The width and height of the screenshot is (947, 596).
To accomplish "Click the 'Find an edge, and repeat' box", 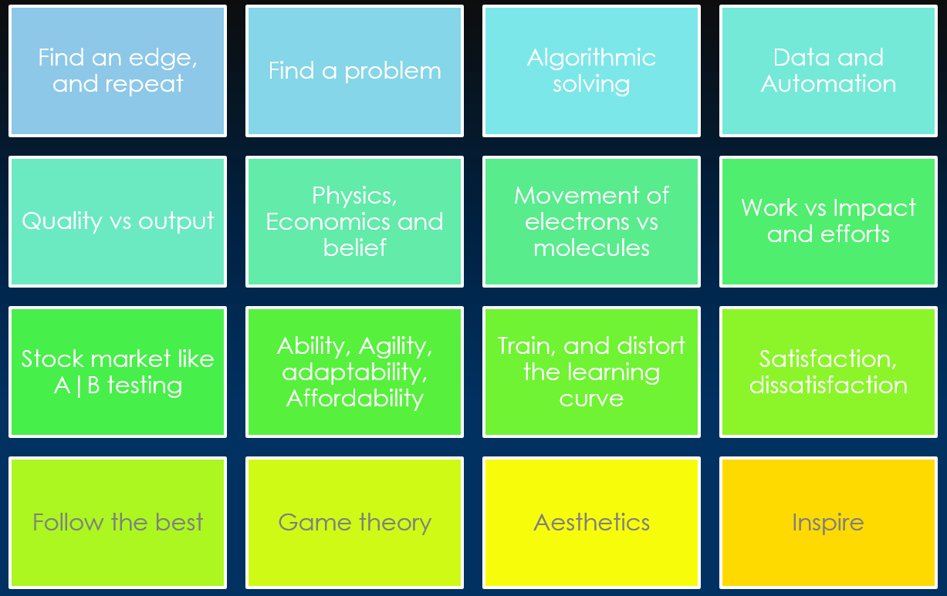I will click(117, 71).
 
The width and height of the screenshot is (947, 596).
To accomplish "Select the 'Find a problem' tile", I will click(354, 71).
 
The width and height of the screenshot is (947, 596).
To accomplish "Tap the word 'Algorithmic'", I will click(591, 58).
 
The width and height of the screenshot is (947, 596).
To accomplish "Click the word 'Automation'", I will click(828, 84).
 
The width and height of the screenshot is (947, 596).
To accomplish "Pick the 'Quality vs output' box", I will click(117, 221).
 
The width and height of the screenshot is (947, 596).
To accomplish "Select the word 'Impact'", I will click(874, 208).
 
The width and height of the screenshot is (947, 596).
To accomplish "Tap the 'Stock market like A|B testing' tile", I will click(117, 372).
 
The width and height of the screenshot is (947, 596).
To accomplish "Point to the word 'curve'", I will click(591, 399).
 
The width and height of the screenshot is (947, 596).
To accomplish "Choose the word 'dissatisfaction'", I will click(828, 385).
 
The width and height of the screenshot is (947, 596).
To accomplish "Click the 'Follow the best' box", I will click(117, 522).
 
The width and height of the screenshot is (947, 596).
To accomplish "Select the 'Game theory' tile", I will click(354, 522).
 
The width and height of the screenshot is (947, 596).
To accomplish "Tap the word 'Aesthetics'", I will click(591, 522).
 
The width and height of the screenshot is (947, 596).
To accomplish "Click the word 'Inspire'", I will click(828, 522).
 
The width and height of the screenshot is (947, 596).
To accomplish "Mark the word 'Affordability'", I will click(354, 399).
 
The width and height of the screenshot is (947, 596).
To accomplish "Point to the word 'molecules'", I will click(591, 248).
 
